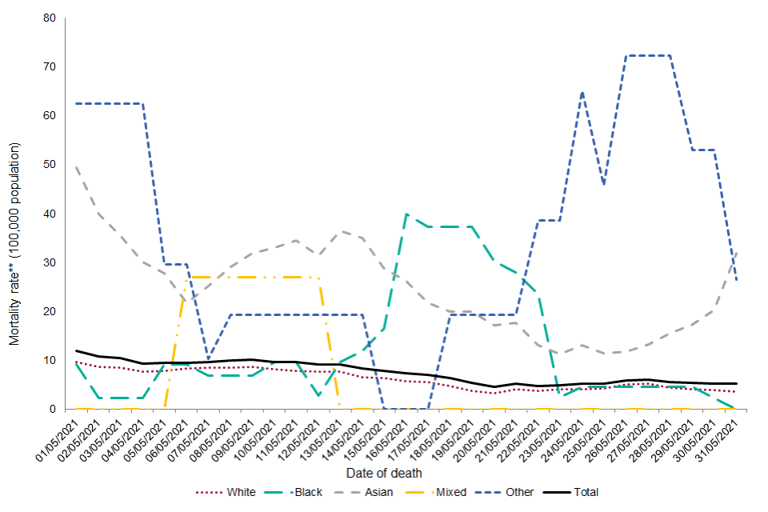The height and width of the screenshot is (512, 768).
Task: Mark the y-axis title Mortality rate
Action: pyautogui.click(x=14, y=244)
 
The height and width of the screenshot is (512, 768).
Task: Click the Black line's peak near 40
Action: pyautogui.click(x=406, y=214)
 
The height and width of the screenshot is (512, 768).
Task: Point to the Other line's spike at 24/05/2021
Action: pyautogui.click(x=582, y=93)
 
